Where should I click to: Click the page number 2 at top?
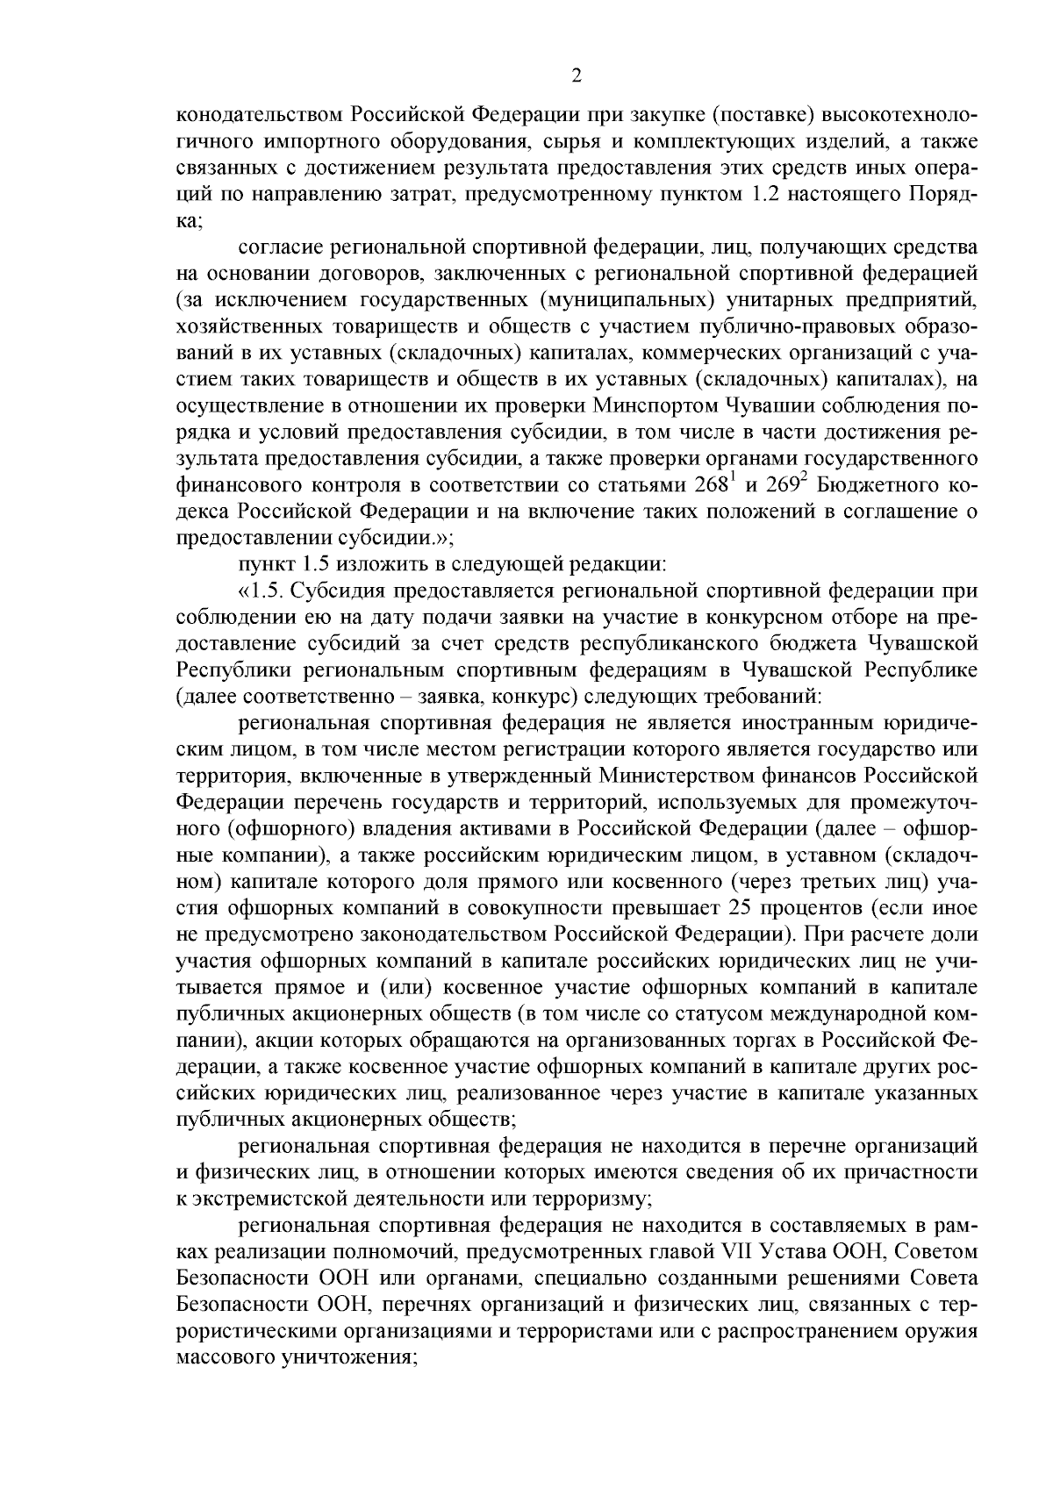pyautogui.click(x=577, y=76)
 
